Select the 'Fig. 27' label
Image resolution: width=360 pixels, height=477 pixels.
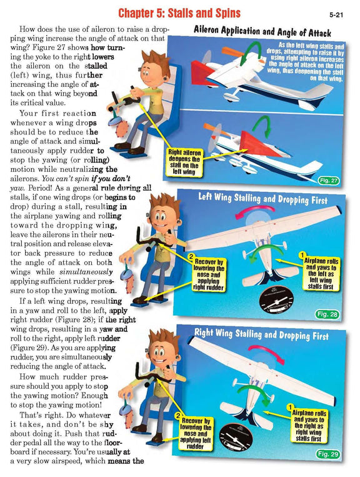coord(327,181)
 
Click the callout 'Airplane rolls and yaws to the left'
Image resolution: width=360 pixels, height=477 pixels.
coord(319,273)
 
